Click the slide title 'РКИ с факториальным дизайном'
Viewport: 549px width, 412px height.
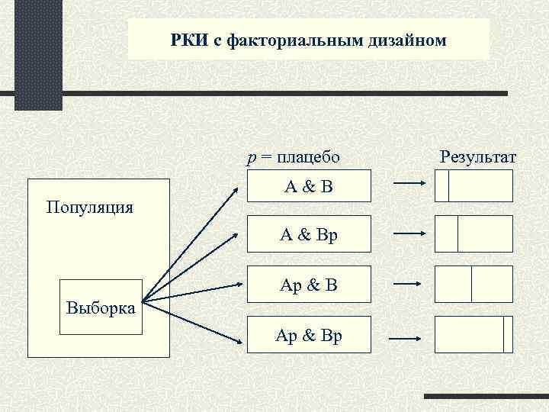coord(308,40)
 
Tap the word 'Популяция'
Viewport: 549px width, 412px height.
coord(89,206)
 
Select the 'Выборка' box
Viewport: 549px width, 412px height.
coord(101,308)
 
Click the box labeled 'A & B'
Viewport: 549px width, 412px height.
coord(309,185)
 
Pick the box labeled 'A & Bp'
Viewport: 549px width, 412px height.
coord(309,235)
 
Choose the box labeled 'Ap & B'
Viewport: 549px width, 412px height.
coord(309,285)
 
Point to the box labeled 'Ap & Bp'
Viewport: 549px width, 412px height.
coord(309,334)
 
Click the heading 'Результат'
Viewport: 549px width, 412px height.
coord(478,157)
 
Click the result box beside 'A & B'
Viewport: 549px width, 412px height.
coord(474,185)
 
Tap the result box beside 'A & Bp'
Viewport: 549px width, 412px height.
coord(474,233)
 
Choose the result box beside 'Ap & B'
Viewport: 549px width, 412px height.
coord(474,284)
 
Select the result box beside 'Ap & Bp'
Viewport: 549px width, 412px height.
coord(474,333)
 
